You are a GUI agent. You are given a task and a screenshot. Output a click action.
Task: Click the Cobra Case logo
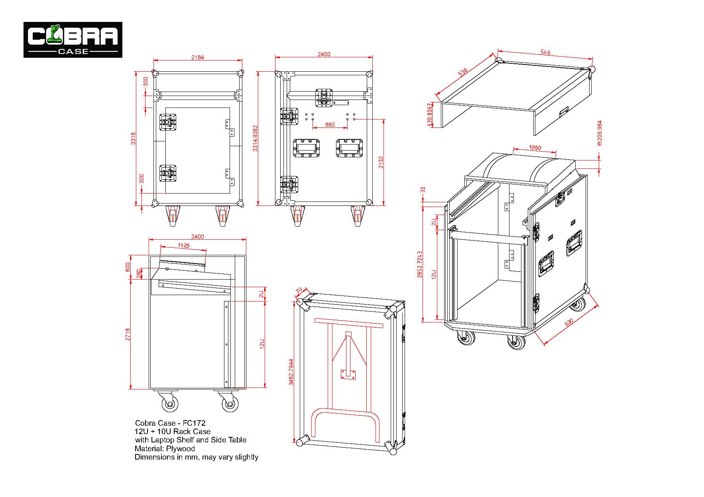[x=73, y=40]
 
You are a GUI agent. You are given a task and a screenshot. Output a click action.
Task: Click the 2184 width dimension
[x=197, y=57]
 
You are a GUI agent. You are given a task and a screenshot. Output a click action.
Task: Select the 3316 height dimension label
[x=134, y=139]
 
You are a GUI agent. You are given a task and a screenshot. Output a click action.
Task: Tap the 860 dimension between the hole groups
[x=330, y=125]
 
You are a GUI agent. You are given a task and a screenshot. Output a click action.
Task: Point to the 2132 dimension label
[x=381, y=162]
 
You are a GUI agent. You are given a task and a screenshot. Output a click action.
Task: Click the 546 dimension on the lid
[x=545, y=52]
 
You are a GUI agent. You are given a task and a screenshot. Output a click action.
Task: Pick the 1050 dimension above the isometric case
[x=535, y=148]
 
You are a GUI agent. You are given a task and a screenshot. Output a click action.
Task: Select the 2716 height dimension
[x=128, y=335]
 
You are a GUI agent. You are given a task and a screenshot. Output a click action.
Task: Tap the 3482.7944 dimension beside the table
[x=291, y=372]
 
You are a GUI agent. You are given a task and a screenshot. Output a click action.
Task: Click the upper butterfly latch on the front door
[x=168, y=121]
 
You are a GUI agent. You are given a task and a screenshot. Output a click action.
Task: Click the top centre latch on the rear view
[x=324, y=98]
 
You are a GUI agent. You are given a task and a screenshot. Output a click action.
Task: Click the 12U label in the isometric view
[x=434, y=274]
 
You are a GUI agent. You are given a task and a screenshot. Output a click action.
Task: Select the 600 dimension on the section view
[x=128, y=266]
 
